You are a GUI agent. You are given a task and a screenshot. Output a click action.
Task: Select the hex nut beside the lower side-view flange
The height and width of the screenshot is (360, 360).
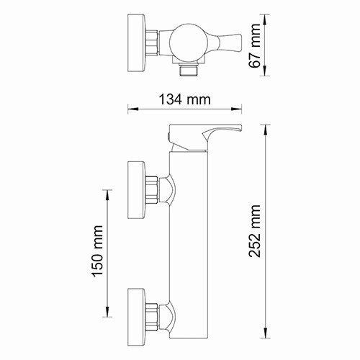(152, 312)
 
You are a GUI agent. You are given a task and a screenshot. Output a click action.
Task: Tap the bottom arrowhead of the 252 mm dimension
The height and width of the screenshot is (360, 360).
(268, 335)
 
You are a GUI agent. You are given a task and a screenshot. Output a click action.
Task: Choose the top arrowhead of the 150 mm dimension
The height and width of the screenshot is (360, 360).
(109, 192)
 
